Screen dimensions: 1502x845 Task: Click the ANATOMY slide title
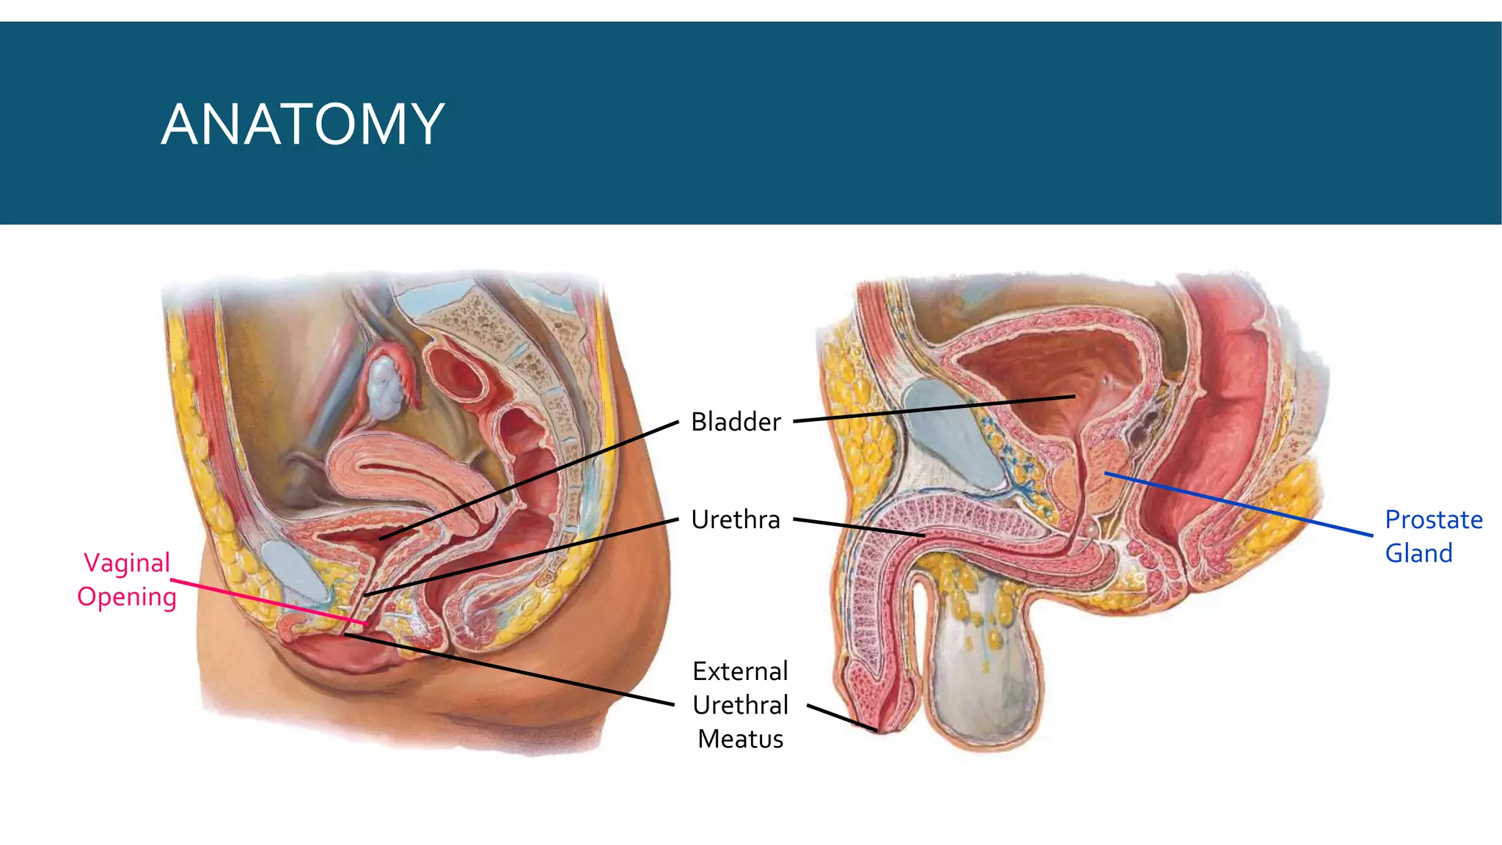point(302,124)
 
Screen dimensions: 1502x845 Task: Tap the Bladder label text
point(736,422)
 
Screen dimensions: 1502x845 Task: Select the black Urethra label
point(736,520)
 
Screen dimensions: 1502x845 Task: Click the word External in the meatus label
point(740,671)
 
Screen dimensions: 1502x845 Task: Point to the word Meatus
point(740,739)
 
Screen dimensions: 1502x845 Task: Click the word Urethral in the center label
point(740,705)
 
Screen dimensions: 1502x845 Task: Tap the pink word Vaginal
point(127,563)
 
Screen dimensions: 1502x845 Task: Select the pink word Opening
point(127,597)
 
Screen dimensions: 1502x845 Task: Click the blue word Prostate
point(1434,520)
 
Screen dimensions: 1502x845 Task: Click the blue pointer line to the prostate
point(1239,505)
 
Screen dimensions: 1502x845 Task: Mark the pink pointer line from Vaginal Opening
point(271,602)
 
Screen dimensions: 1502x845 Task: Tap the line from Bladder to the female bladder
point(528,480)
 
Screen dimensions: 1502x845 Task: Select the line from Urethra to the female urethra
point(521,557)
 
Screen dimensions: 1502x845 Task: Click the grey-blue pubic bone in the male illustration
point(953,433)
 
